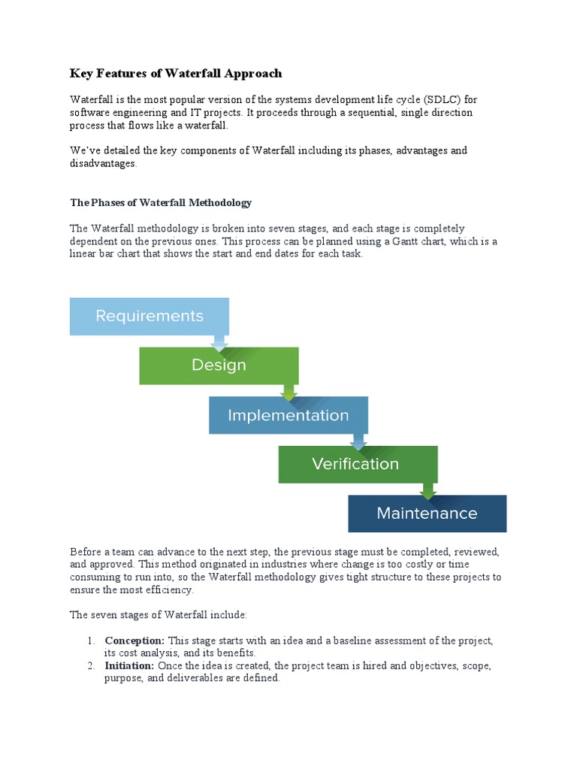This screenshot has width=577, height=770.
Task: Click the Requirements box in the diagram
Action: (149, 316)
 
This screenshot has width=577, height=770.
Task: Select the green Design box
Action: (219, 365)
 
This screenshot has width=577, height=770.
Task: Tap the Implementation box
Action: (288, 415)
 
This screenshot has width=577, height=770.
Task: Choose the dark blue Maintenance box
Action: (427, 514)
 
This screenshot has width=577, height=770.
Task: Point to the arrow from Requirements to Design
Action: (219, 342)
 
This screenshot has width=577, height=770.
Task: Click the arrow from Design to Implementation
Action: (288, 392)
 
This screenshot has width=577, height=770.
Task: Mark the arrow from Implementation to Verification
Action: (358, 441)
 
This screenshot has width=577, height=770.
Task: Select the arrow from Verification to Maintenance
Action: (428, 490)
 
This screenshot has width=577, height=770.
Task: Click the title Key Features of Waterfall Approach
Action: (176, 74)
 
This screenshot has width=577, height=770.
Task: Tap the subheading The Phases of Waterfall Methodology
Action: (161, 203)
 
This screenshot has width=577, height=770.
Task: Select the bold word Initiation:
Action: (129, 666)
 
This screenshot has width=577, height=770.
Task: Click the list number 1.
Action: (89, 641)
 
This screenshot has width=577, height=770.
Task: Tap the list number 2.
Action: (89, 666)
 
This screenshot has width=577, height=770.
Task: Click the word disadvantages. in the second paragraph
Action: (104, 163)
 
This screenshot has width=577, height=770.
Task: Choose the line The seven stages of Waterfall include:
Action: (159, 615)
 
